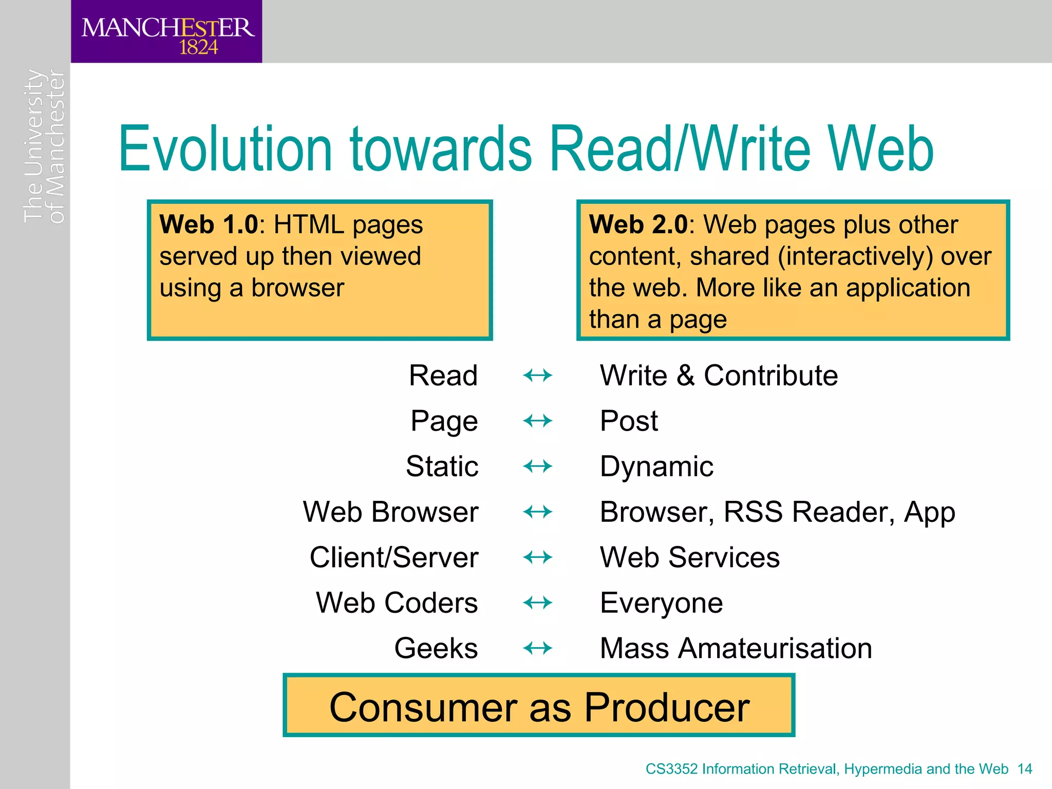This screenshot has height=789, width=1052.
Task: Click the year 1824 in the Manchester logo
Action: tap(198, 48)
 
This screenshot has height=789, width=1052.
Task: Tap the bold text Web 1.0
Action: tap(208, 224)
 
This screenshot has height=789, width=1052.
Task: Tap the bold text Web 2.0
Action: tap(637, 224)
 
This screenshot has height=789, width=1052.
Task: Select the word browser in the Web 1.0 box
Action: tap(297, 288)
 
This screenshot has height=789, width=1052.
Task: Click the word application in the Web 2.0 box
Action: tap(908, 288)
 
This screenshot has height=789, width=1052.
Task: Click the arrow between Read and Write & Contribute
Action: tap(537, 375)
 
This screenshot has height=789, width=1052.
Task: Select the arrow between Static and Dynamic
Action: tap(537, 466)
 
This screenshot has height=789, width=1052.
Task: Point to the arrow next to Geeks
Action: tap(537, 648)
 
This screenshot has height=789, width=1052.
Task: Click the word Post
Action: tap(628, 421)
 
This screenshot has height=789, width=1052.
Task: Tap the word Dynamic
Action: tap(656, 466)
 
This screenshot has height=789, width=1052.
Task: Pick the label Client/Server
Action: tap(394, 557)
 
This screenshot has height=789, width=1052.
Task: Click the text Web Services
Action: tap(689, 557)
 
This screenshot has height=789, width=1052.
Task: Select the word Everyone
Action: tap(661, 603)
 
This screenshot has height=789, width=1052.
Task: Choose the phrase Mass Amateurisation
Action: tap(736, 648)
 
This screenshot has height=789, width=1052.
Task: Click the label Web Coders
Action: tap(397, 603)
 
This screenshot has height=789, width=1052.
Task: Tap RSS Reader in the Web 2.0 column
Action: tap(809, 512)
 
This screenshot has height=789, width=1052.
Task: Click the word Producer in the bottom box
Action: tap(666, 707)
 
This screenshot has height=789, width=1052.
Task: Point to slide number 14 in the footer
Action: tap(1024, 769)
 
